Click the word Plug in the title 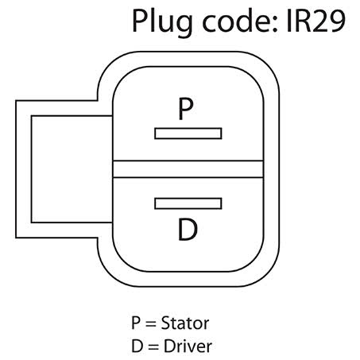pyautogui.click(x=162, y=22)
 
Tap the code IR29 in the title pyautogui.click(x=315, y=21)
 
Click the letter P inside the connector pyautogui.click(x=185, y=109)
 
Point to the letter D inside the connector pyautogui.click(x=188, y=230)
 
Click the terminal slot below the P pyautogui.click(x=188, y=134)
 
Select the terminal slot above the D pyautogui.click(x=188, y=203)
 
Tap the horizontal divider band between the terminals pyautogui.click(x=188, y=169)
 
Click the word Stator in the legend pyautogui.click(x=185, y=323)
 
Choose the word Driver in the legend pyautogui.click(x=188, y=346)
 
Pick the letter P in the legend pyautogui.click(x=136, y=323)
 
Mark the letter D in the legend pyautogui.click(x=137, y=346)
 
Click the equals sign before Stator pyautogui.click(x=150, y=323)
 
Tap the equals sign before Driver pyautogui.click(x=153, y=347)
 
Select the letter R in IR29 pyautogui.click(x=302, y=21)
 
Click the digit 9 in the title pyautogui.click(x=338, y=21)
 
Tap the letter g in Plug pyautogui.click(x=183, y=26)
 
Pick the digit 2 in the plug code pyautogui.click(x=320, y=21)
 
